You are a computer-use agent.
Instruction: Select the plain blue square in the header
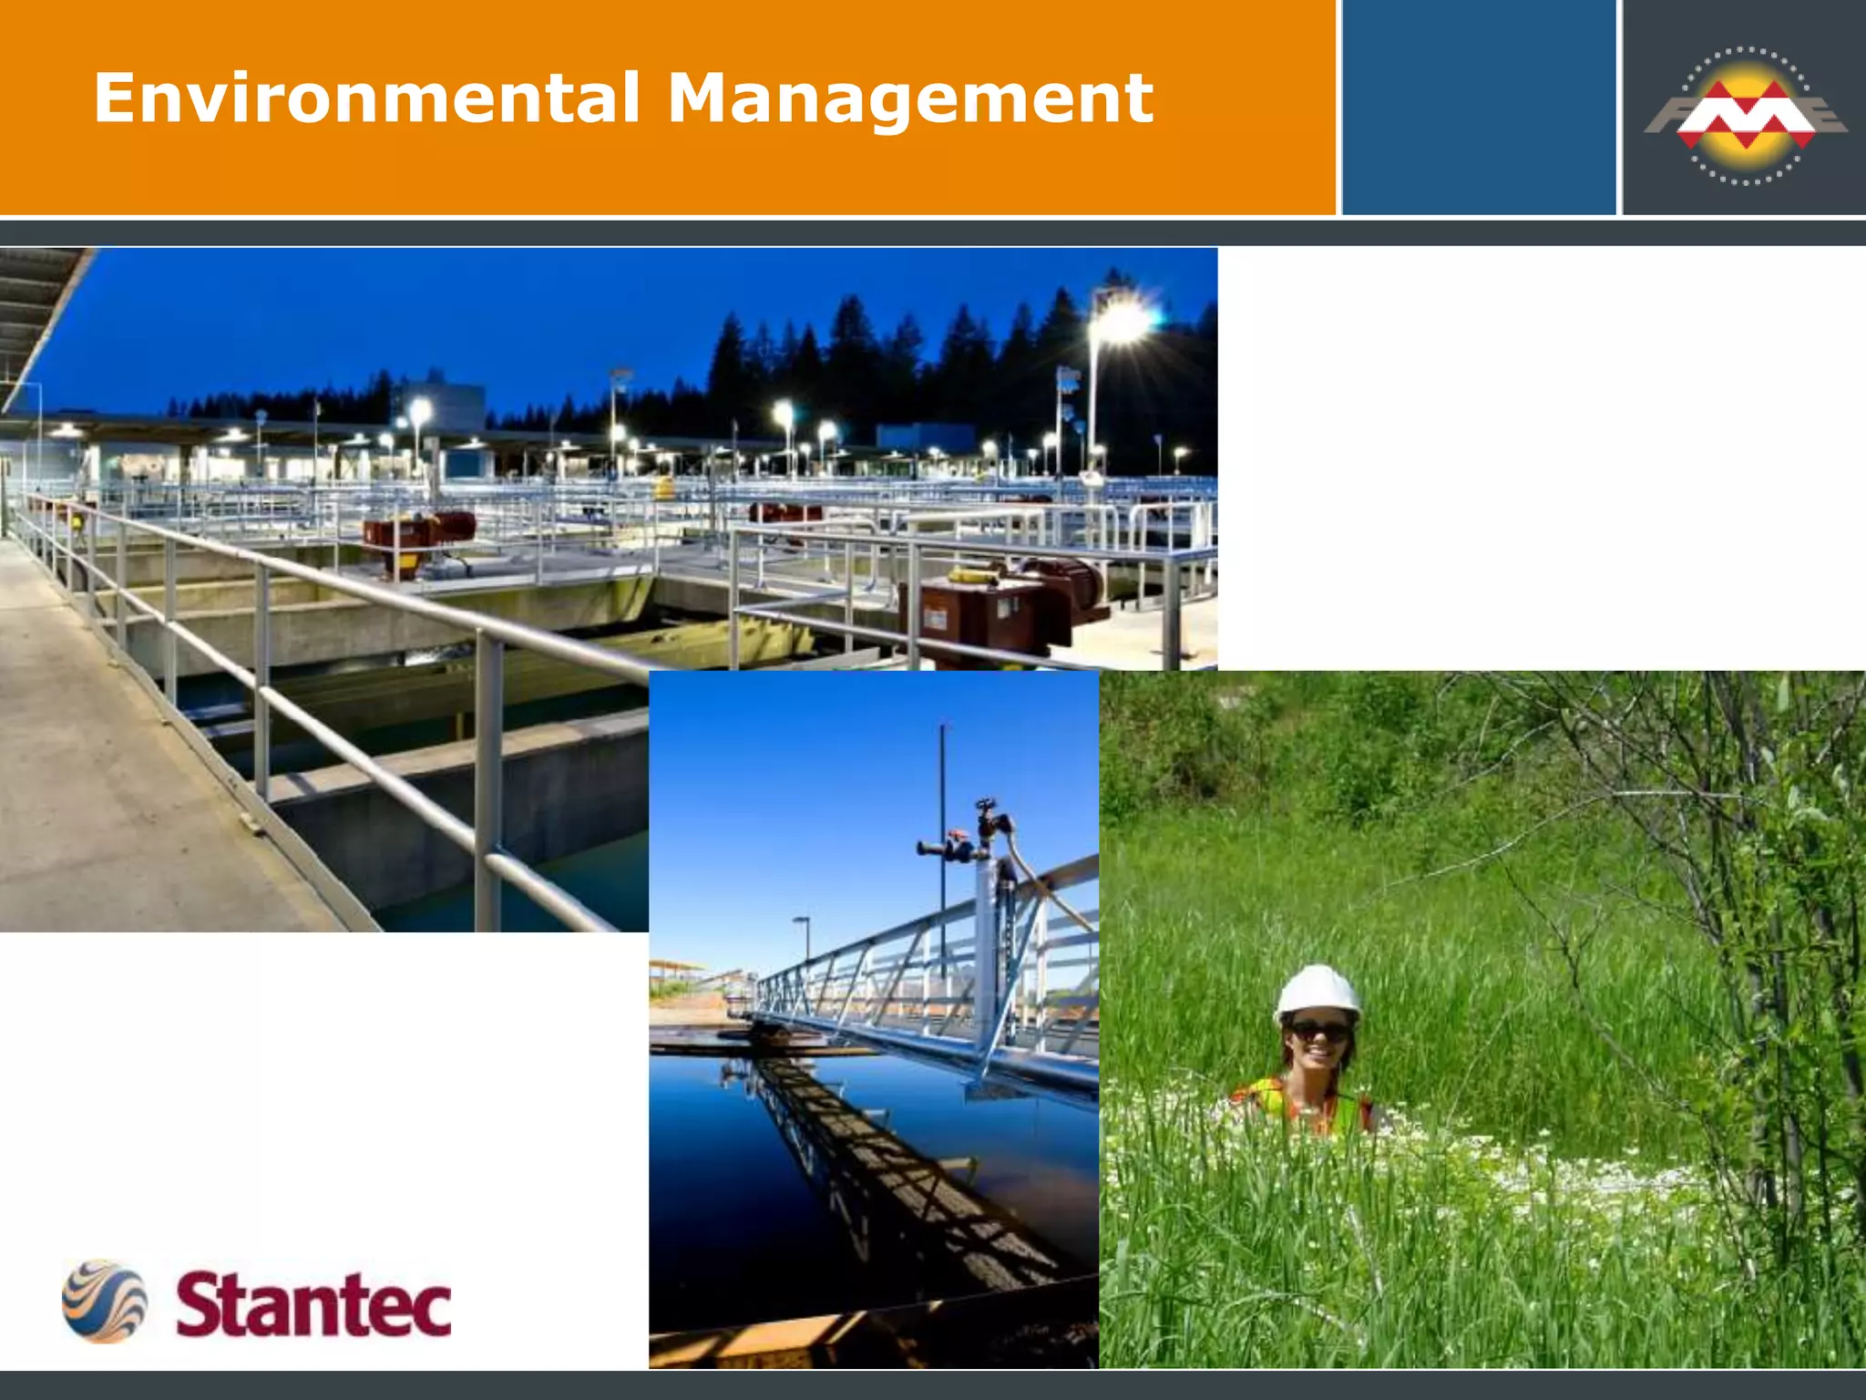tap(1478, 108)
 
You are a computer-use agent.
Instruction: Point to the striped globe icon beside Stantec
tap(104, 1301)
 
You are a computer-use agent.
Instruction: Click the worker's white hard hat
tap(1317, 993)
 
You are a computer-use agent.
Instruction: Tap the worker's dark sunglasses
tap(1317, 1033)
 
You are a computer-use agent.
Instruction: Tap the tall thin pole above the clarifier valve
tap(943, 775)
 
